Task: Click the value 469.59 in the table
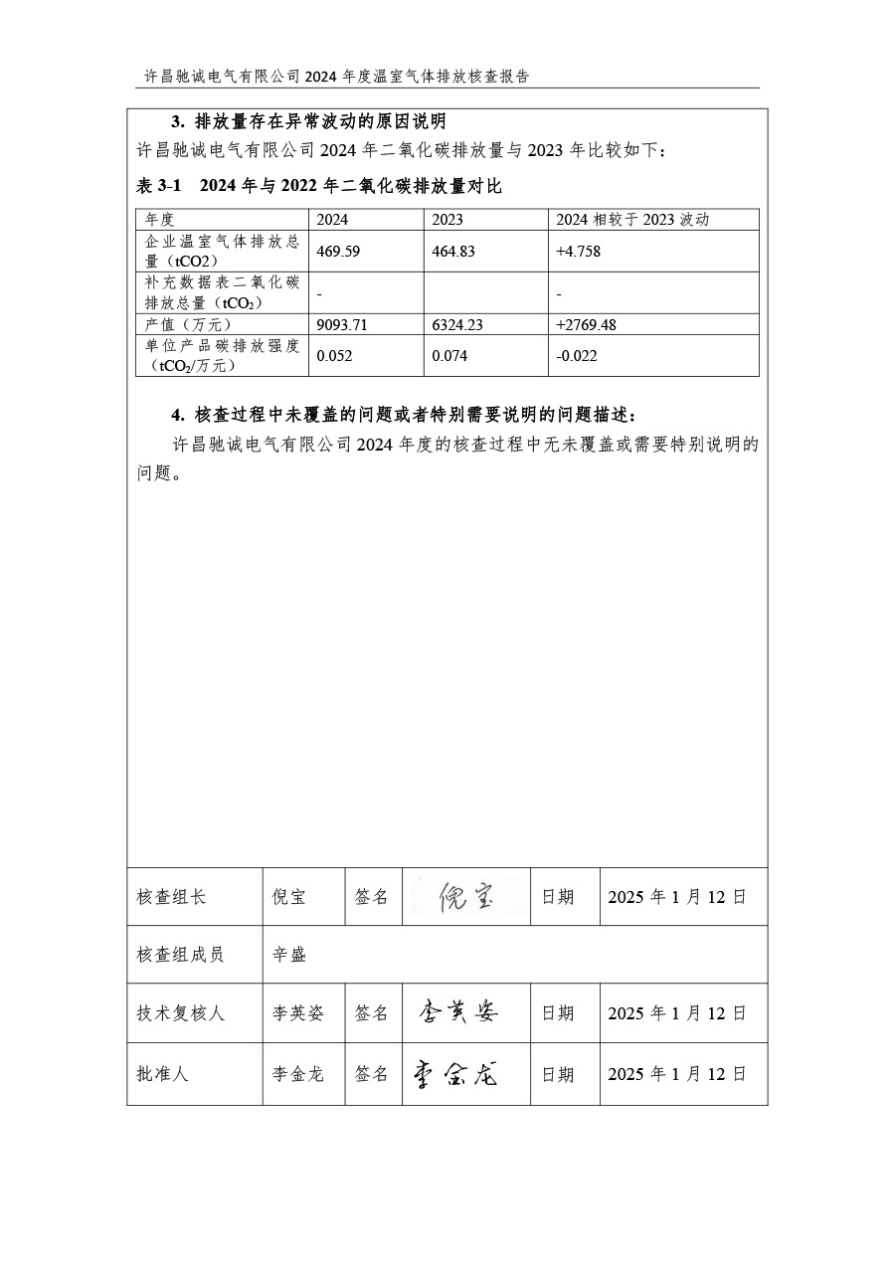pos(338,252)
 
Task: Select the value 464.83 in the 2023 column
pos(453,252)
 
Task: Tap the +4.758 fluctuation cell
pos(578,252)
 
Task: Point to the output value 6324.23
pos(456,324)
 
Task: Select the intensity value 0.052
pos(334,355)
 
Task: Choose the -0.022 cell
pos(577,355)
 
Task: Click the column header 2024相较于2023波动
pos(632,220)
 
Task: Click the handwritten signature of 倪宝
pos(465,897)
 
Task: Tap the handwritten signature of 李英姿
pos(459,1012)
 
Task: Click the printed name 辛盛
pos(289,955)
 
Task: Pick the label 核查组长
pos(172,897)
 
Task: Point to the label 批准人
pos(162,1074)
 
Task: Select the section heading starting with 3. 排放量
pos(308,122)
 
